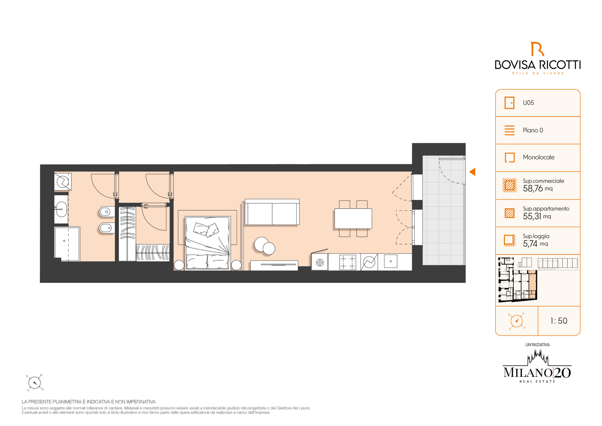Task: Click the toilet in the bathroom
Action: [x=107, y=211]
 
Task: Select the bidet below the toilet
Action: [x=107, y=228]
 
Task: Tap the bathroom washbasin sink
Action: [x=61, y=209]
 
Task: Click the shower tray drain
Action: [x=64, y=241]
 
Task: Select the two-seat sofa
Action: [x=272, y=212]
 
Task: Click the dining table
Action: [x=353, y=219]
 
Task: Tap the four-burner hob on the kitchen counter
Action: [x=348, y=262]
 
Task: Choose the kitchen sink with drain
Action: [x=391, y=261]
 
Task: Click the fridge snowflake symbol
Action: [x=320, y=262]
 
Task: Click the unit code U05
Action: [x=528, y=103]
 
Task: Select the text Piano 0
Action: [x=533, y=130]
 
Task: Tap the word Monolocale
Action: [x=539, y=157]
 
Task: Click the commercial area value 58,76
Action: [x=533, y=189]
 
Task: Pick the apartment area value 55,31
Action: [x=532, y=216]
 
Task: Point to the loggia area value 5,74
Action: [x=530, y=244]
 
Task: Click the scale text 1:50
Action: [x=559, y=321]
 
